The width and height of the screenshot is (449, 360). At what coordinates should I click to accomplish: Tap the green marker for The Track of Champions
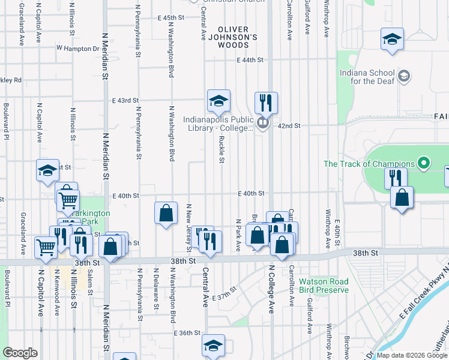pos(424,163)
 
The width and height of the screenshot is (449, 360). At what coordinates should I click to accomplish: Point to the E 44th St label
pos(250,61)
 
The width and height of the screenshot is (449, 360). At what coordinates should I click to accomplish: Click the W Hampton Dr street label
pos(77,48)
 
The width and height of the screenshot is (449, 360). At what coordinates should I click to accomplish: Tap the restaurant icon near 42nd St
pos(265,103)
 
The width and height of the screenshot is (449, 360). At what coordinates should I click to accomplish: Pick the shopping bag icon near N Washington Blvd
pos(166,213)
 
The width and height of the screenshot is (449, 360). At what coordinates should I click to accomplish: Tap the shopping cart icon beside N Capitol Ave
pos(45,247)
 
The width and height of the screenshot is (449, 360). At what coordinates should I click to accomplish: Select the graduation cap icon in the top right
pos(392,40)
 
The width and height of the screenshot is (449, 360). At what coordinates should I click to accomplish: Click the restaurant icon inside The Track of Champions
pos(396,178)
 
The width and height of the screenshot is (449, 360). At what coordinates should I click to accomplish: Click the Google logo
pos(20,353)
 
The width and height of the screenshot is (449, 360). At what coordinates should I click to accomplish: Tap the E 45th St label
pos(175,18)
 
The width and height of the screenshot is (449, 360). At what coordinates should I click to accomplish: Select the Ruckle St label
pos(221,149)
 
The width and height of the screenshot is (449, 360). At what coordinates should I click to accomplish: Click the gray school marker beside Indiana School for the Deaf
pos(405,76)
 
